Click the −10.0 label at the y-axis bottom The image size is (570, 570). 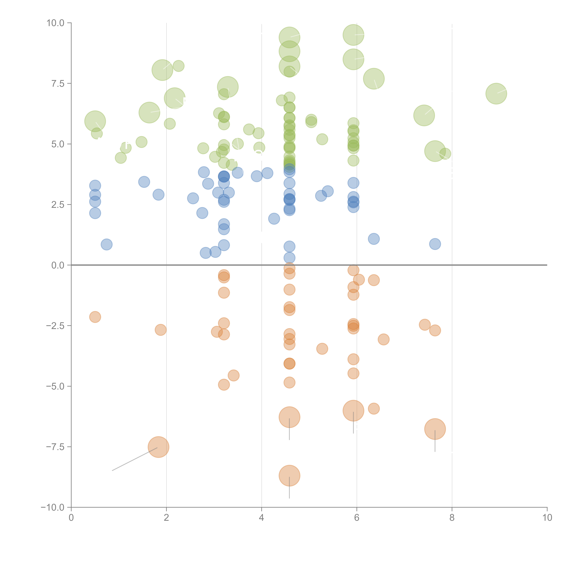click(53, 507)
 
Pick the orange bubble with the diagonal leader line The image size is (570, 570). click(158, 447)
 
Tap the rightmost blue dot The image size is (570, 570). click(435, 244)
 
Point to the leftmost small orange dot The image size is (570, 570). click(95, 317)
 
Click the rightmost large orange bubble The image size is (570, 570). click(435, 429)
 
